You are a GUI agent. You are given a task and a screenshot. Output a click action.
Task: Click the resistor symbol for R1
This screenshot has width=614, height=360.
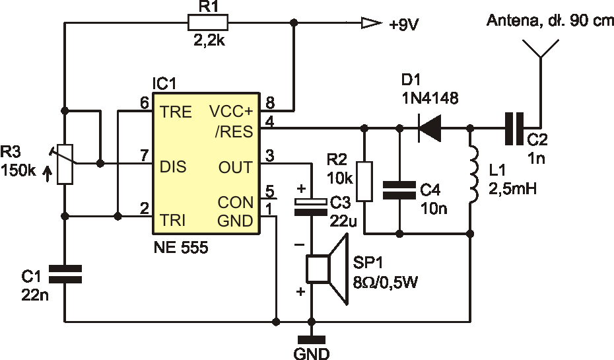tap(207, 22)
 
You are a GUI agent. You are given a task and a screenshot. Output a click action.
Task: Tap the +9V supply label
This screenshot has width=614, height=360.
tap(403, 25)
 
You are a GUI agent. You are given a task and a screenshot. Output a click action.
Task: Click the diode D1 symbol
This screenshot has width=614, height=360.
tap(429, 127)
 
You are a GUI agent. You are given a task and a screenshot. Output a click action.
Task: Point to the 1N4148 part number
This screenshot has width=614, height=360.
tap(430, 98)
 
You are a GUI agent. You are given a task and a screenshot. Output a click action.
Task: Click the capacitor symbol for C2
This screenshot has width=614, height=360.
tap(514, 128)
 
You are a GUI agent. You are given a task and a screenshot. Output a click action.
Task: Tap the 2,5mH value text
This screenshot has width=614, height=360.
tap(512, 189)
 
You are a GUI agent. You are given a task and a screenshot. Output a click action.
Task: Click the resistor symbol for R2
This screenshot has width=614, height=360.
tap(364, 181)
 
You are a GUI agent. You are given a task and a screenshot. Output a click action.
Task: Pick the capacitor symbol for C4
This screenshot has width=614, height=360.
tap(399, 190)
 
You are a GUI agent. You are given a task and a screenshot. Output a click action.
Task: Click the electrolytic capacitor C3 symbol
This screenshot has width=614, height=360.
tap(311, 207)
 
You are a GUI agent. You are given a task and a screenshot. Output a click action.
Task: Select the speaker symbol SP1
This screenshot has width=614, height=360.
tap(327, 269)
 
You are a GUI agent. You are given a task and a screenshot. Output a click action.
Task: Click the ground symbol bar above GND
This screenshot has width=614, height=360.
tap(312, 340)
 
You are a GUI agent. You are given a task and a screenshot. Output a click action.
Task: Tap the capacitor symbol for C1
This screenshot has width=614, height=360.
tap(65, 274)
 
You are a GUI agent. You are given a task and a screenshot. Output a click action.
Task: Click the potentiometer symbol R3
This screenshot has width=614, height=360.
tap(65, 164)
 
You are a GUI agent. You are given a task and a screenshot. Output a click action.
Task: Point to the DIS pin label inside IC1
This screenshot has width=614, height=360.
tap(173, 167)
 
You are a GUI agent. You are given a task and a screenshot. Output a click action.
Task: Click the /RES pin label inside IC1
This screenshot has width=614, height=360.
tap(234, 131)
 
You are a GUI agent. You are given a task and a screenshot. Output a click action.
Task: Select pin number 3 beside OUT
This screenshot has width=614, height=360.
tap(270, 155)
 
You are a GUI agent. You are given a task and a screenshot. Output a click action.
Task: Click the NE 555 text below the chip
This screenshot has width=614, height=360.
tap(181, 247)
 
